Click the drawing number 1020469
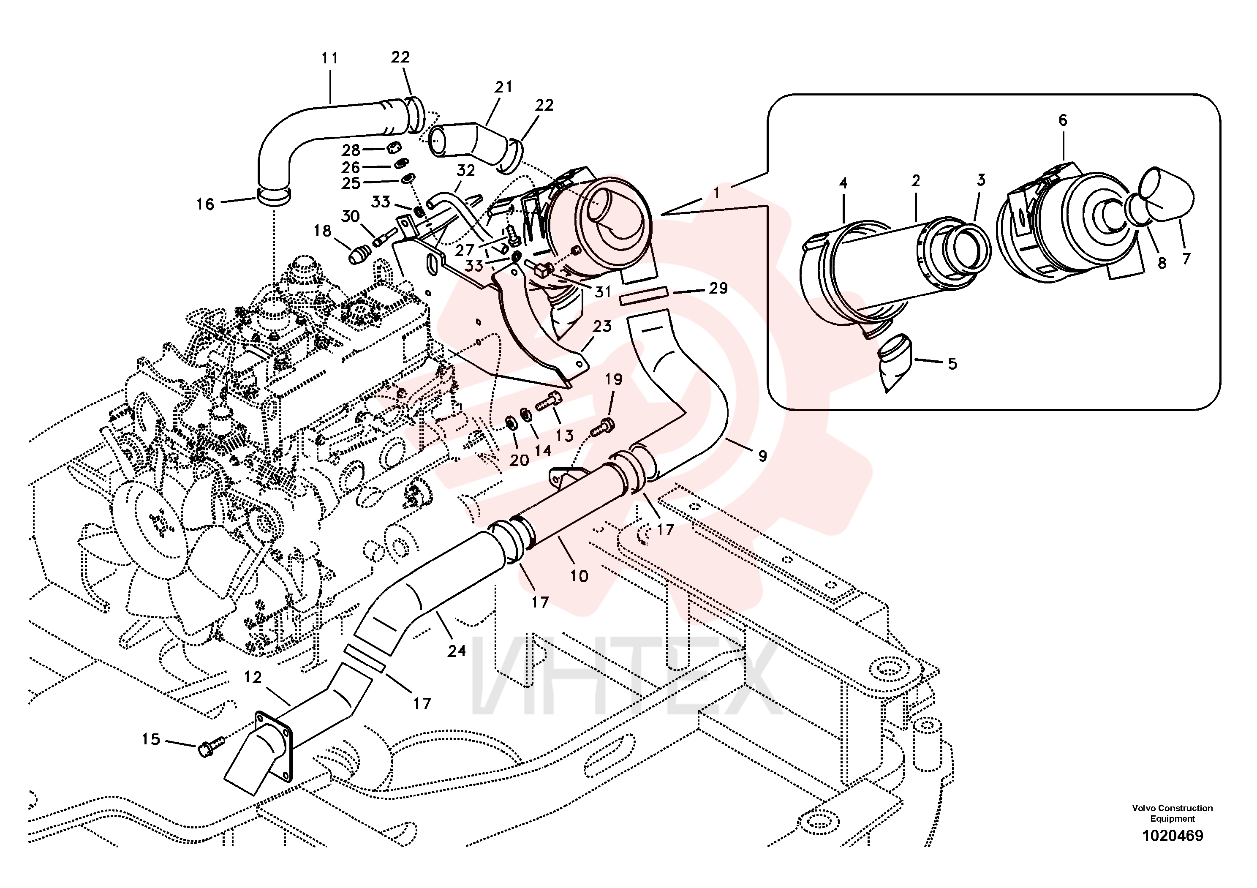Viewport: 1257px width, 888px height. click(1172, 836)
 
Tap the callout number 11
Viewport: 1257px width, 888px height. click(329, 58)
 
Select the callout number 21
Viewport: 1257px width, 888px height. click(503, 87)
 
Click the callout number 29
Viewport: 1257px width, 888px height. click(718, 288)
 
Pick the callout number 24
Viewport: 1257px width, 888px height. click(457, 651)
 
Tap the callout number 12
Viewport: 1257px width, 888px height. click(253, 677)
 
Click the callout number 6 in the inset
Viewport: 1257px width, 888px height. click(1063, 120)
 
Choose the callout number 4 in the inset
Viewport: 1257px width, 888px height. click(843, 183)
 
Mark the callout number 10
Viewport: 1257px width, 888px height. click(579, 576)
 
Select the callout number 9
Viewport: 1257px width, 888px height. click(762, 455)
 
